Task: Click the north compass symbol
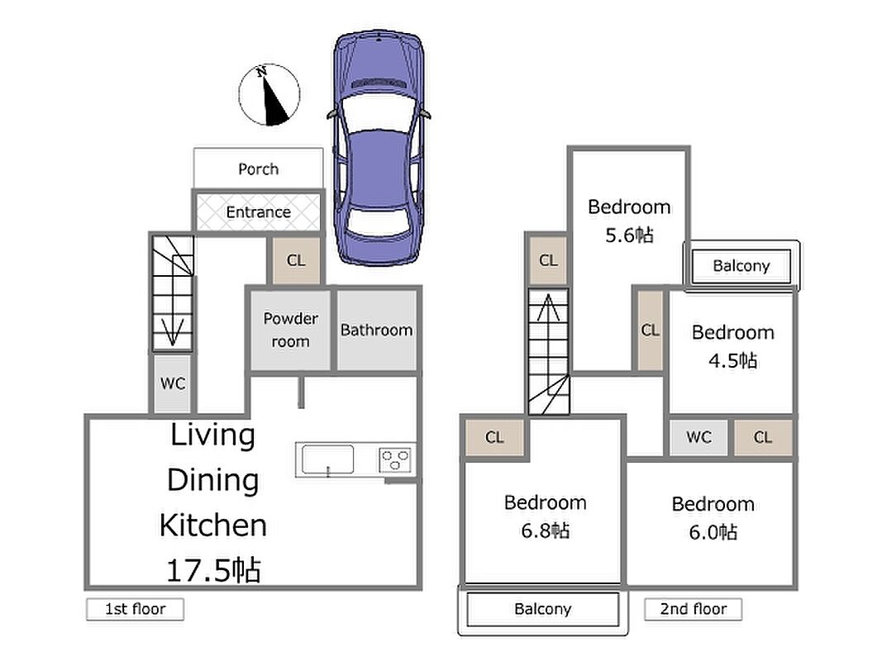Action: click(x=269, y=94)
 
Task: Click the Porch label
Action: click(x=258, y=169)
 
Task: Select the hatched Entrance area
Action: click(x=258, y=212)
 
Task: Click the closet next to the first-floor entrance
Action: click(x=297, y=260)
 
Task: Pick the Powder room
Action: click(x=290, y=330)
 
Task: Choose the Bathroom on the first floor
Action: click(x=377, y=330)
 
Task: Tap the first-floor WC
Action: click(x=173, y=383)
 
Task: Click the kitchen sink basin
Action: click(x=328, y=459)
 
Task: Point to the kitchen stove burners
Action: click(x=395, y=459)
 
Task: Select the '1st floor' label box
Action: click(x=135, y=609)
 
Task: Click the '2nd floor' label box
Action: click(x=693, y=609)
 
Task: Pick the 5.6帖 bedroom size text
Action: click(x=629, y=235)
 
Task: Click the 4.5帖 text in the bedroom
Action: click(x=733, y=360)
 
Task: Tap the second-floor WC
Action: click(x=699, y=437)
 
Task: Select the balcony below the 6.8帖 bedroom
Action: click(x=543, y=609)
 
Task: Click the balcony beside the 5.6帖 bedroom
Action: click(x=741, y=266)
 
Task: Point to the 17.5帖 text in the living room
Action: click(x=214, y=570)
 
